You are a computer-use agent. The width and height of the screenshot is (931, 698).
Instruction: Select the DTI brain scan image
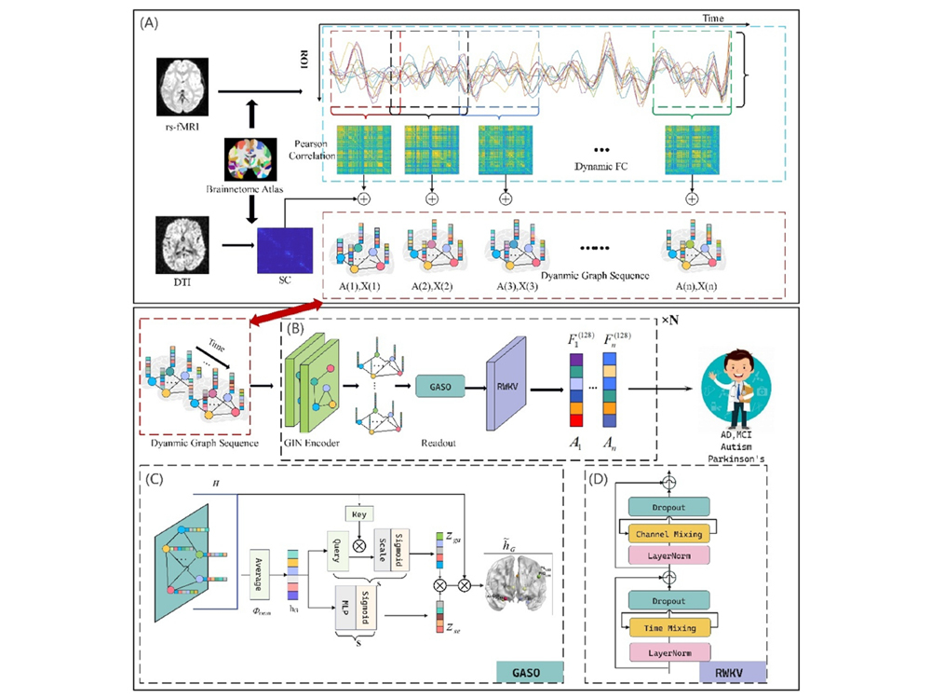[183, 244]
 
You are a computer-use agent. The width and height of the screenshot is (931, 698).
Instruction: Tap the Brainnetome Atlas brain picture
[250, 157]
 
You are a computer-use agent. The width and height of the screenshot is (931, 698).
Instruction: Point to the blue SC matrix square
[284, 251]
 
